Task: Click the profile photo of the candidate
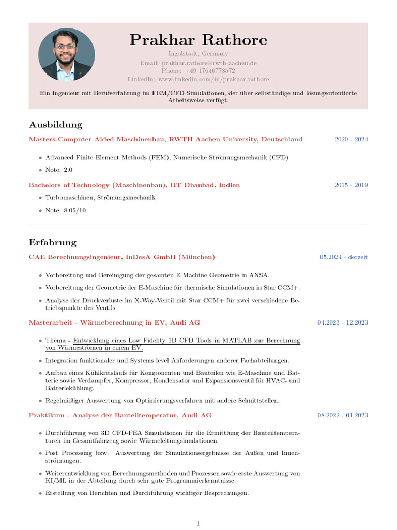click(67, 54)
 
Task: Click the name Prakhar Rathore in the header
click(198, 40)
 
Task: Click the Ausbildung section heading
click(55, 125)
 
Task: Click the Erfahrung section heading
click(53, 242)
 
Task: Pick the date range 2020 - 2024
click(351, 139)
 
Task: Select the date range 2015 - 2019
click(351, 185)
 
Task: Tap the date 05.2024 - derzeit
click(344, 257)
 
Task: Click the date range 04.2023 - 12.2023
click(343, 322)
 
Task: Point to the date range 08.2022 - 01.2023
click(343, 415)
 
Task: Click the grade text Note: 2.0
click(59, 170)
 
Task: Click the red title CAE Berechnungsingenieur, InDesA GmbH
click(122, 257)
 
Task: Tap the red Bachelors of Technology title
click(134, 185)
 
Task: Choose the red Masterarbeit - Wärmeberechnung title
click(114, 322)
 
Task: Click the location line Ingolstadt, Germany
click(198, 54)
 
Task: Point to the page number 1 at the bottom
click(198, 524)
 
